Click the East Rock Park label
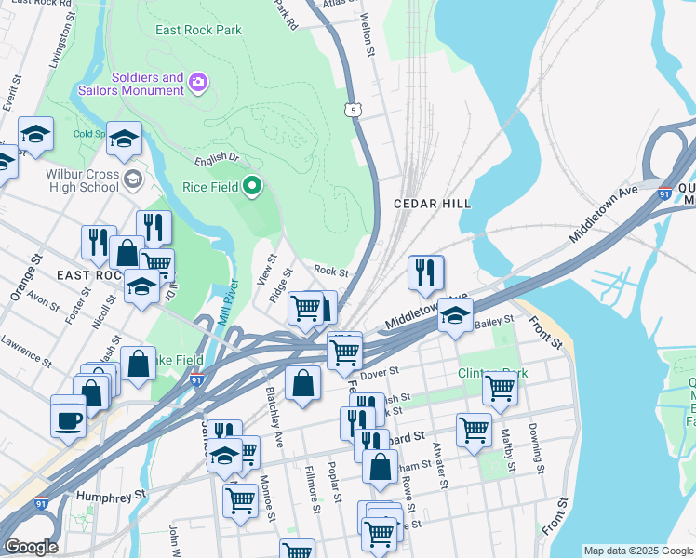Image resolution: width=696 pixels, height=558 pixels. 199,30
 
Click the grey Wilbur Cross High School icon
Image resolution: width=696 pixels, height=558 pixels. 133,179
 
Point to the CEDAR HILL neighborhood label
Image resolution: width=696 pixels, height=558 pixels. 432,203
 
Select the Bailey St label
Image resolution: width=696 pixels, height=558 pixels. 494,322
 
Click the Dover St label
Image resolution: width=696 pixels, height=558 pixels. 380,372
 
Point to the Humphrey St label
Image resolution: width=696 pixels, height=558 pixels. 112,497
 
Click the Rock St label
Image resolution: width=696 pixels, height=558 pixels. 330,272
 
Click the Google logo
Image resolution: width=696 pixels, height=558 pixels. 31,547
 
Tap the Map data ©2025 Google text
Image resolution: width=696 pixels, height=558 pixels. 637,551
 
